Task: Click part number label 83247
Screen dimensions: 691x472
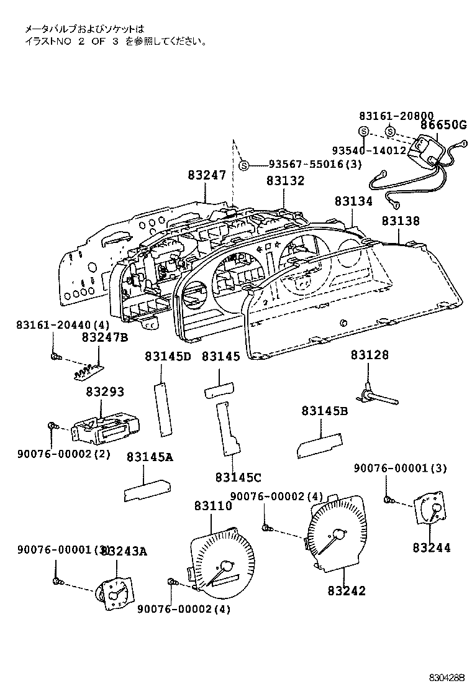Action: coord(207,176)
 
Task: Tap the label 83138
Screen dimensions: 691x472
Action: coord(400,221)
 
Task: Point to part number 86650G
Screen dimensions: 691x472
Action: coord(443,125)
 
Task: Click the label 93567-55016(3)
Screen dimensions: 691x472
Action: coord(315,165)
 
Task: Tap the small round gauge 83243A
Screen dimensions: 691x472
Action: coord(113,593)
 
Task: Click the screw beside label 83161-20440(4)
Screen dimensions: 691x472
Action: coord(55,356)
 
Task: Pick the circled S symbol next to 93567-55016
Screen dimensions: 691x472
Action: coord(244,165)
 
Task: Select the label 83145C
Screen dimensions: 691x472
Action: coord(238,477)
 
